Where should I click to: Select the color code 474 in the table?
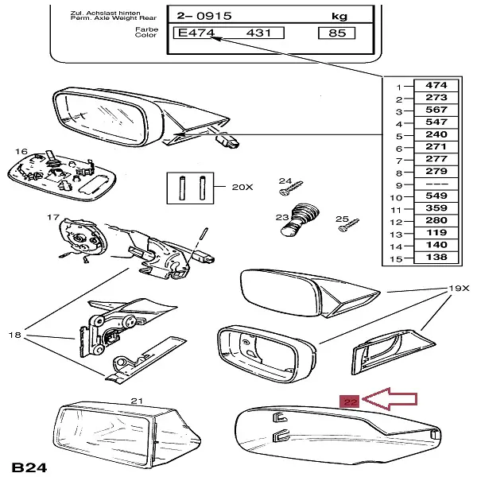click(x=436, y=85)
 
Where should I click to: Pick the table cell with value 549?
click(x=436, y=196)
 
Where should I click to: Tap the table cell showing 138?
click(x=436, y=259)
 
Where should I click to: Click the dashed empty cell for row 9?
click(x=436, y=184)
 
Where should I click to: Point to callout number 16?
click(x=21, y=152)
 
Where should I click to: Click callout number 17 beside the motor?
click(x=53, y=217)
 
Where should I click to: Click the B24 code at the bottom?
click(x=28, y=464)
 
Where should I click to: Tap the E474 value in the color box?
click(x=197, y=33)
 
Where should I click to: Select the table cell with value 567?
click(x=436, y=111)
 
